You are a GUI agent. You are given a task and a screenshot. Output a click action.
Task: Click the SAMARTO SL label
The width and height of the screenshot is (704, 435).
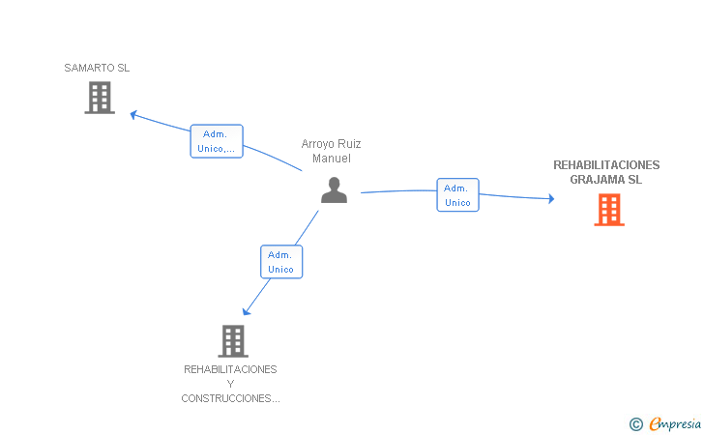click(97, 68)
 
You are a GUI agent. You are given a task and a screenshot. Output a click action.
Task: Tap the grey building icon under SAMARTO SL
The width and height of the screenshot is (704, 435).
click(100, 98)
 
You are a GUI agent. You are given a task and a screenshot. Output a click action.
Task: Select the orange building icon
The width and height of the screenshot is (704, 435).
click(609, 210)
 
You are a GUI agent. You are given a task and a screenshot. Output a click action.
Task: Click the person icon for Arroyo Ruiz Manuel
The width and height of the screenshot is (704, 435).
click(334, 189)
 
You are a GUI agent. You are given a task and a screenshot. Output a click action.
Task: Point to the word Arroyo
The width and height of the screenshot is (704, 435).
click(318, 144)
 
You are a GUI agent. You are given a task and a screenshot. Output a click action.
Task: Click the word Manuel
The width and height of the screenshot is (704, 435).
click(332, 159)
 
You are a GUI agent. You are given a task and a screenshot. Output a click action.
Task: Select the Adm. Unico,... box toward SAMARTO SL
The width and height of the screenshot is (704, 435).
click(217, 141)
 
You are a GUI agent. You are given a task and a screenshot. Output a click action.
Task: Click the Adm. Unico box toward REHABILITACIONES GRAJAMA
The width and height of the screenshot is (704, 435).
click(457, 195)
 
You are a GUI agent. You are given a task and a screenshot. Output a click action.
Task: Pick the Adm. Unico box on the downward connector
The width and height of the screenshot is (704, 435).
click(281, 262)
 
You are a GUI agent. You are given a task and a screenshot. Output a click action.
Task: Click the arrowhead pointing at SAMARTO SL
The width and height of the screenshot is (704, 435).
click(133, 115)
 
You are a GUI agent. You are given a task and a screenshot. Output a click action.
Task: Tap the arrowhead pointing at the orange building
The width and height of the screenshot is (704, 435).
click(551, 198)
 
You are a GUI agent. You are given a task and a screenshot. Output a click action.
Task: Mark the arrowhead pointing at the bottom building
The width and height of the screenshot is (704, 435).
click(246, 311)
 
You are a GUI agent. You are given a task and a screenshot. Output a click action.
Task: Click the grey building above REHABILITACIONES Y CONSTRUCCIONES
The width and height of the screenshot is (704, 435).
click(233, 341)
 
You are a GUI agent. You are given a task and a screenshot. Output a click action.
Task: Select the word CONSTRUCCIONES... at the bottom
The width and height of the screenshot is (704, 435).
click(230, 398)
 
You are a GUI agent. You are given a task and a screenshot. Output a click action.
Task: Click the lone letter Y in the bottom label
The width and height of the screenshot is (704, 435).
click(230, 385)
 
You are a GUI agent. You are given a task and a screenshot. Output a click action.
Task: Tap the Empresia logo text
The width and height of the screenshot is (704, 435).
click(675, 423)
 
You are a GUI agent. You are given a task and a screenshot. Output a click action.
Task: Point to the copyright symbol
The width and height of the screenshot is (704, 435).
click(636, 424)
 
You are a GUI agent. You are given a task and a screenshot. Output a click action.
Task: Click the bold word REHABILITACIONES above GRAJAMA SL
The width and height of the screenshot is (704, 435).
click(606, 165)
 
